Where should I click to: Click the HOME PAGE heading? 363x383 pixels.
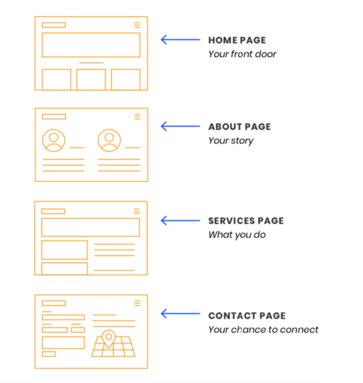pyautogui.click(x=237, y=40)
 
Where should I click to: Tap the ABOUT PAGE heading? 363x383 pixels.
pyautogui.click(x=239, y=127)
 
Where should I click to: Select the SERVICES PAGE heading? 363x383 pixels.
pyautogui.click(x=246, y=221)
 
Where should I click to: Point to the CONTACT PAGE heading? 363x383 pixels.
pyautogui.click(x=247, y=315)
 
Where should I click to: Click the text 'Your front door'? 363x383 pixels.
pyautogui.click(x=242, y=54)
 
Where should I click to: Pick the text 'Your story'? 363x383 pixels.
pyautogui.click(x=231, y=141)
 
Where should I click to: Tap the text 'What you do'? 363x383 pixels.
pyautogui.click(x=237, y=235)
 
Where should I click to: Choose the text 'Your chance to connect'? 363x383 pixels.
pyautogui.click(x=263, y=329)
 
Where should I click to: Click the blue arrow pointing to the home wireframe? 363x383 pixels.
pyautogui.click(x=181, y=40)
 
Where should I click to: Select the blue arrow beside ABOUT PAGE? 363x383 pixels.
pyautogui.click(x=181, y=126)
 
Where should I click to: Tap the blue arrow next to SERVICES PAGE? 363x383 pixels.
pyautogui.click(x=181, y=221)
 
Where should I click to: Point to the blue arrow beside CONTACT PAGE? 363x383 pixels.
pyautogui.click(x=181, y=314)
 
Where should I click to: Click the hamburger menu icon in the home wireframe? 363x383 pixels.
pyautogui.click(x=137, y=25)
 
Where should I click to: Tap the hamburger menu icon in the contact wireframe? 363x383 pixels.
pyautogui.click(x=137, y=303)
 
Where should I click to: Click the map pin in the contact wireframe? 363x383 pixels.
pyautogui.click(x=108, y=337)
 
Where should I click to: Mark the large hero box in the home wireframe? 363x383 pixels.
pyautogui.click(x=91, y=33)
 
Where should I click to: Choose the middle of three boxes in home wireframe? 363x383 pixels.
pyautogui.click(x=91, y=70)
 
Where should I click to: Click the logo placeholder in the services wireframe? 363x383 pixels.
pyautogui.click(x=53, y=211)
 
